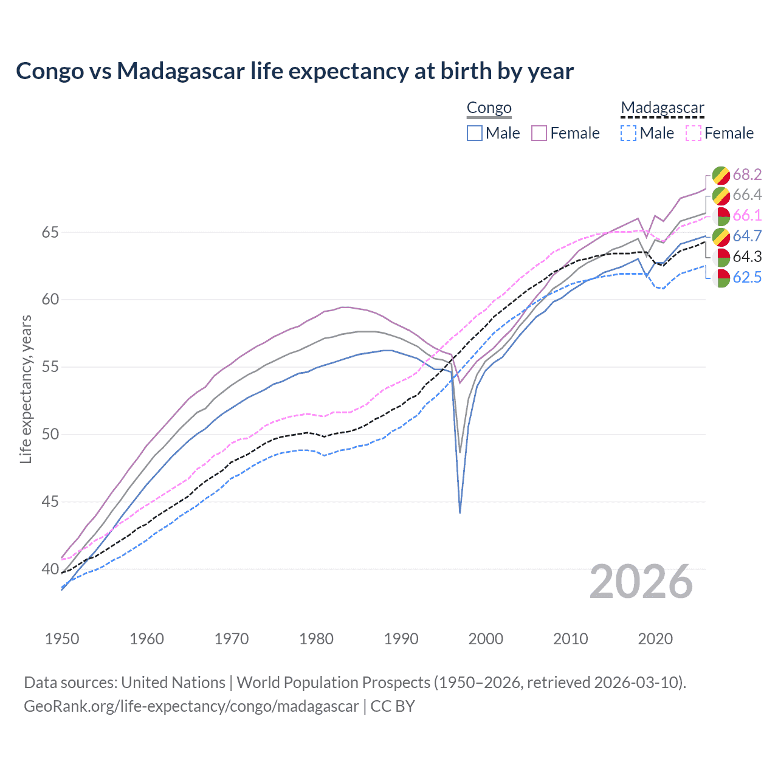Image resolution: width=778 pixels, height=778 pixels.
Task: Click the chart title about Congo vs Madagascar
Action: point(295,71)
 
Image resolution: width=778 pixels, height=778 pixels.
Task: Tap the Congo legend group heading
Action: point(489,108)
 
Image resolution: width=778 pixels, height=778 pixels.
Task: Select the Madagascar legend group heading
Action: point(662,108)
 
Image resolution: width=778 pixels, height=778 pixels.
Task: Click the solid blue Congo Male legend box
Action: point(475,133)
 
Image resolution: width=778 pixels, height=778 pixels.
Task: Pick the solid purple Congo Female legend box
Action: point(539,133)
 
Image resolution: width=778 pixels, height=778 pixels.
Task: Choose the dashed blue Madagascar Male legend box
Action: point(628,133)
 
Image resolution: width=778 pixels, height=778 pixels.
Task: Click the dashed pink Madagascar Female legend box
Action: point(694,133)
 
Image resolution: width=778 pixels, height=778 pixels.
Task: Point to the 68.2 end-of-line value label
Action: point(747,174)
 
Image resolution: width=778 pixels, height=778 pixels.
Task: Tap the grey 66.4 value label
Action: point(747,195)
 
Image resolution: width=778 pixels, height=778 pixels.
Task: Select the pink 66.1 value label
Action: point(747,216)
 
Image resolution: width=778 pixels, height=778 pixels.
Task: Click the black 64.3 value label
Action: point(747,257)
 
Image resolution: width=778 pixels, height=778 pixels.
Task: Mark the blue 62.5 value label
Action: point(747,278)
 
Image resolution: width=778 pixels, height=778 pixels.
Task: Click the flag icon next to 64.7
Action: point(721,236)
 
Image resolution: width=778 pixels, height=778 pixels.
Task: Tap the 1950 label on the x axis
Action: point(62,639)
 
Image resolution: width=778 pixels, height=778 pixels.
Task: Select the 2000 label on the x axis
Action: point(486,639)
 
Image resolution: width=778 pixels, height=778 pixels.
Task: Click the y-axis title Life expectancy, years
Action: point(26,389)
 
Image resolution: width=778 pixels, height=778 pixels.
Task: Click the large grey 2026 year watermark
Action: point(641,582)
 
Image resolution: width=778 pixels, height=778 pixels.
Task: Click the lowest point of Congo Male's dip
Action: point(460,512)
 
